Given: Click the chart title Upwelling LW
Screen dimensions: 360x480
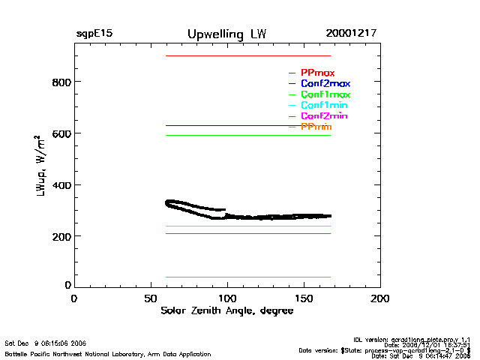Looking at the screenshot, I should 226,34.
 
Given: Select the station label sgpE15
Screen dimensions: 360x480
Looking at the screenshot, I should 94,34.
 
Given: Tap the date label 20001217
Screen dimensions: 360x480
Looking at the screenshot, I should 351,34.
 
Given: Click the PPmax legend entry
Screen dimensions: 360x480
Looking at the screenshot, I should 317,73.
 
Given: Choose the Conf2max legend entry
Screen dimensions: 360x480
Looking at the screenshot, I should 325,84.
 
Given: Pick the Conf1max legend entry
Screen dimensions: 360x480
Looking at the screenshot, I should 325,94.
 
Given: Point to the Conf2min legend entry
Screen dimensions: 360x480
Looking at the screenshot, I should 323,117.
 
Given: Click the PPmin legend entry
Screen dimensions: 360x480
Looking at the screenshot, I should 316,127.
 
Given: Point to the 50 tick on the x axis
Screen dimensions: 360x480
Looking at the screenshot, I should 151,298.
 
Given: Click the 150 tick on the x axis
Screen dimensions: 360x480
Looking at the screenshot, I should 304,298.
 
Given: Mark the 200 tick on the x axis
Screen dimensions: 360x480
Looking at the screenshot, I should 380,298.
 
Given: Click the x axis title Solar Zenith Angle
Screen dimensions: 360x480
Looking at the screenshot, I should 226,310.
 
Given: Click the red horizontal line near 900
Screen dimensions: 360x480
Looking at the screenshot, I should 247,55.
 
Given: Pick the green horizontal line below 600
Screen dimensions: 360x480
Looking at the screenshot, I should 247,135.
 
